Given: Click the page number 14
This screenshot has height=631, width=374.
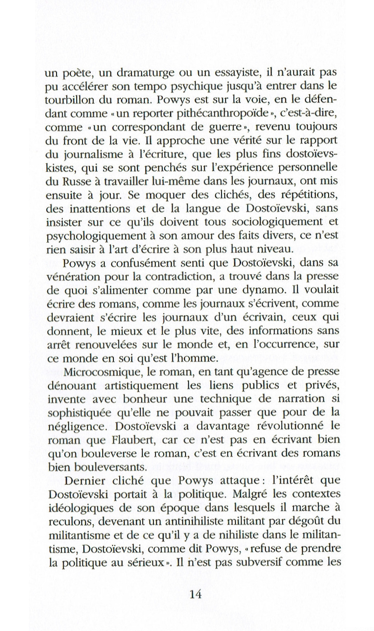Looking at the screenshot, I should (x=195, y=594).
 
